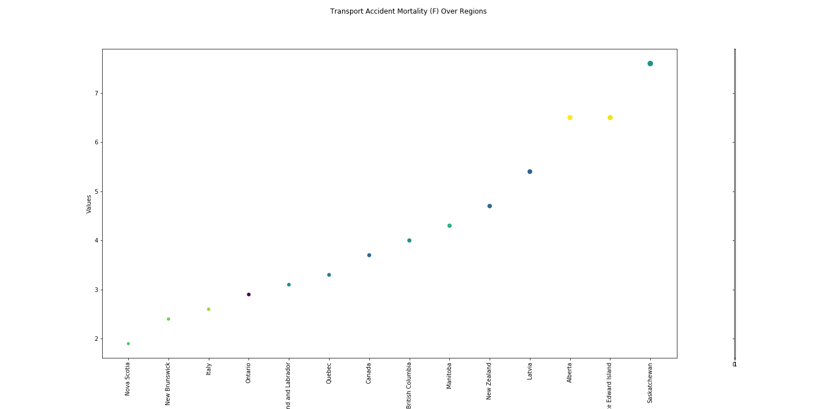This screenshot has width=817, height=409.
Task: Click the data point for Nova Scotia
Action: [x=128, y=344]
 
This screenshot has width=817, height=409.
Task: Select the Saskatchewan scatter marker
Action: [x=650, y=64]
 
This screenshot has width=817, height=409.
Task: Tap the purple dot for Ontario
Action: [x=249, y=294]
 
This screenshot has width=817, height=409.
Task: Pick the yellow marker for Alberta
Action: [x=570, y=118]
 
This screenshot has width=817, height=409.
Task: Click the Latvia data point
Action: [x=530, y=172]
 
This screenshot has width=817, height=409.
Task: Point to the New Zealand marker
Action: [x=490, y=206]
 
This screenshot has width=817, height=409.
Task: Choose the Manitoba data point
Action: [x=449, y=226]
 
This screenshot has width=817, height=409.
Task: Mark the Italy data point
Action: [x=208, y=309]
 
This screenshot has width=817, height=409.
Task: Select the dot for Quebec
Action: [x=329, y=275]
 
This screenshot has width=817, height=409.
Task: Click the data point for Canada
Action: [x=369, y=255]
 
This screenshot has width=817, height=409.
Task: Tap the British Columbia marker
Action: [x=409, y=240]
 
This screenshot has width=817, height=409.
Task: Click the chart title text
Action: [x=408, y=11]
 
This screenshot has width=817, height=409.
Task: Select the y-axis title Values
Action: [x=89, y=204]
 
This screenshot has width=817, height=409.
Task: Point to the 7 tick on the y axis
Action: [x=96, y=93]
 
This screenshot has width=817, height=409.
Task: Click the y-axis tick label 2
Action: [x=96, y=339]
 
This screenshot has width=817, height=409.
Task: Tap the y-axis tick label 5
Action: [x=96, y=191]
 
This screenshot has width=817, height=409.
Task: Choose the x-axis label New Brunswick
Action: [x=169, y=383]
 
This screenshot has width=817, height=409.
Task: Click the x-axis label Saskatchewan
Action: [x=650, y=383]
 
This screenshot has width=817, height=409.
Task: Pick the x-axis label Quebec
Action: [x=329, y=374]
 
